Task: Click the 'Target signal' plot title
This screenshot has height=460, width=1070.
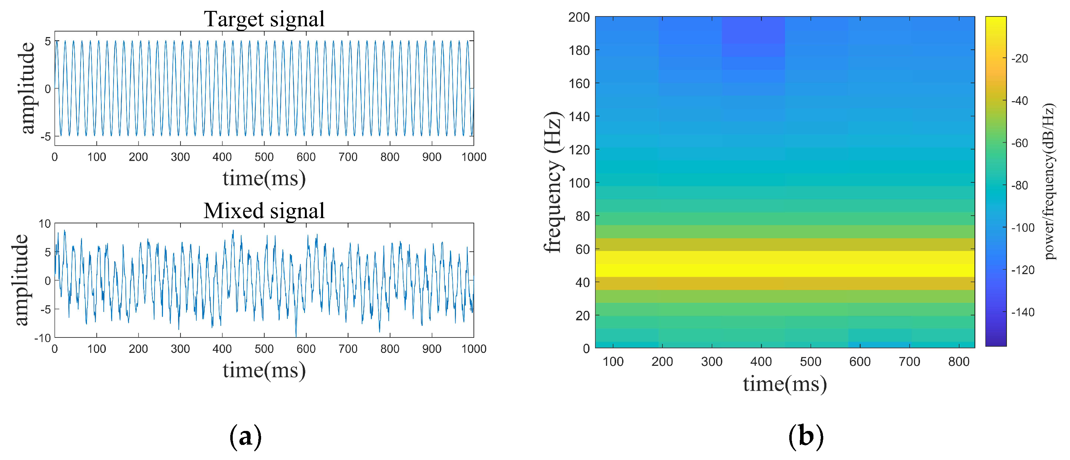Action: (264, 19)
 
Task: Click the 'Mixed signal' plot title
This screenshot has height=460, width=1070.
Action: (264, 211)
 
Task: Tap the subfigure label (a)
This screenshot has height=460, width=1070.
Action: (245, 436)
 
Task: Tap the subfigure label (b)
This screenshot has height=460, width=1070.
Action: (805, 436)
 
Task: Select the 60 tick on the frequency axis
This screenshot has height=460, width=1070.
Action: (582, 249)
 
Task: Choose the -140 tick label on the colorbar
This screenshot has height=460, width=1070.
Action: (1022, 312)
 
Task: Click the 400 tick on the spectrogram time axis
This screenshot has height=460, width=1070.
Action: (761, 362)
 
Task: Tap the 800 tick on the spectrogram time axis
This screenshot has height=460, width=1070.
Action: (959, 362)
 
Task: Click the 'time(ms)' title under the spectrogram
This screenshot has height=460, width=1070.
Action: (785, 384)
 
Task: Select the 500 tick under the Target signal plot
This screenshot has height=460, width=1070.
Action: (264, 157)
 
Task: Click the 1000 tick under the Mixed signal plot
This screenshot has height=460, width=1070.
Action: (473, 349)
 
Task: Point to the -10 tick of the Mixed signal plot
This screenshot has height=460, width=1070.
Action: (42, 338)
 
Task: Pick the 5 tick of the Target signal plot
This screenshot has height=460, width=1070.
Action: (48, 41)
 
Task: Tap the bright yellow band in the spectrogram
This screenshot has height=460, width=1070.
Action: (785, 264)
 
